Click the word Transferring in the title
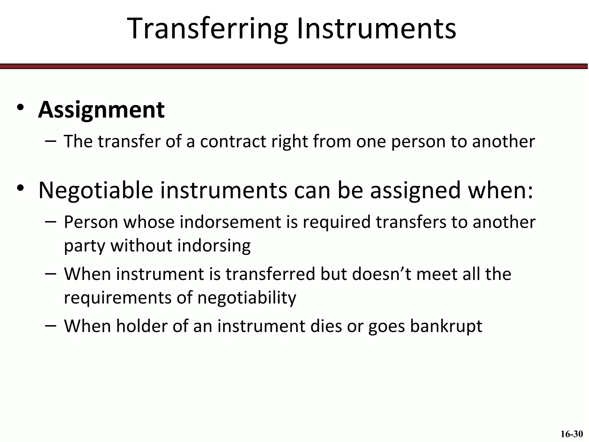pyautogui.click(x=207, y=29)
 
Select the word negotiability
pyautogui.click(x=246, y=298)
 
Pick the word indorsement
pyautogui.click(x=230, y=222)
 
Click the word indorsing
pyautogui.click(x=214, y=246)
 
